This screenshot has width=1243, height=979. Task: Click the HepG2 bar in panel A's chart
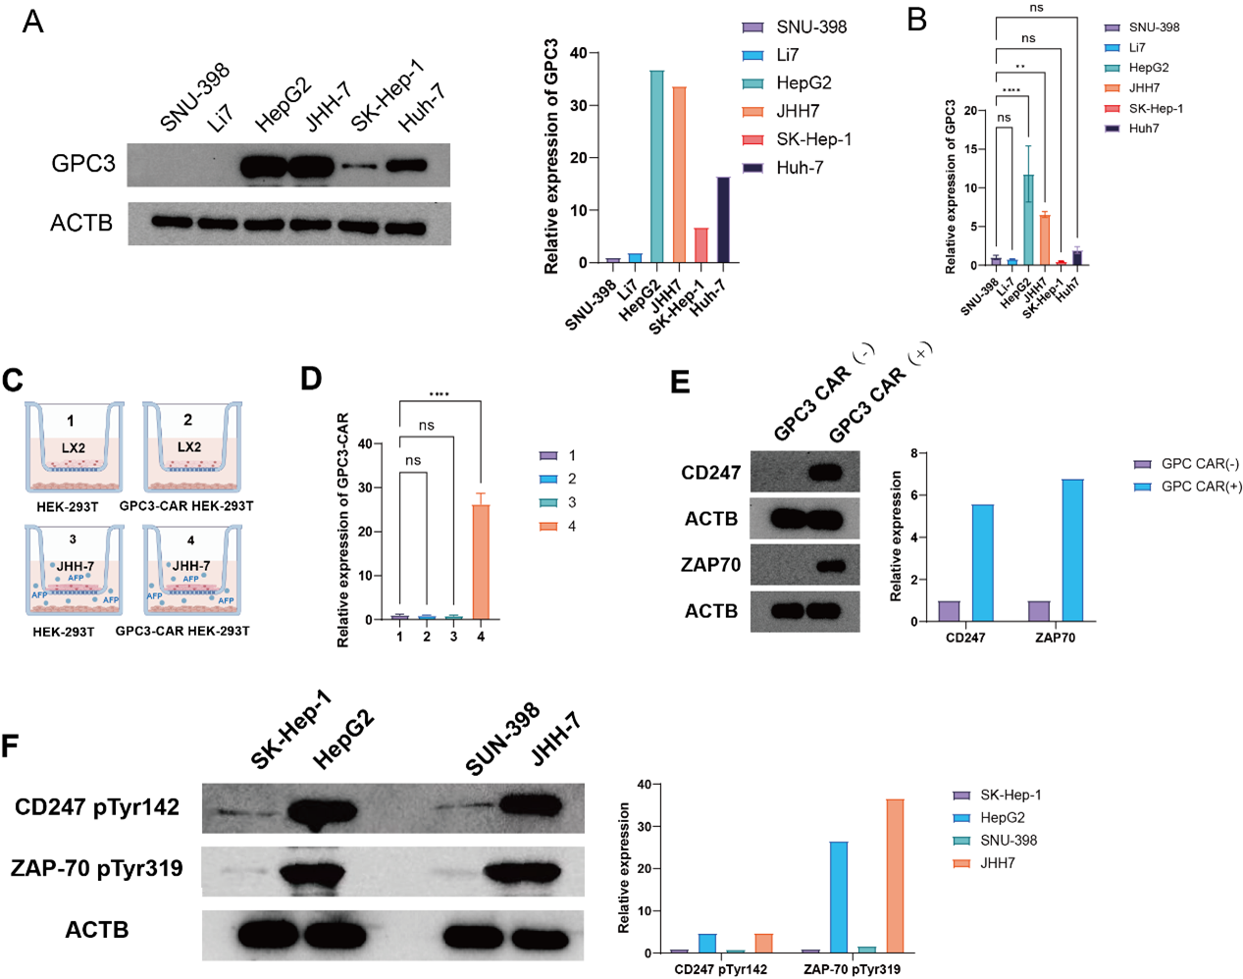point(656,167)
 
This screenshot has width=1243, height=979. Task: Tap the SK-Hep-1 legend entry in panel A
point(813,139)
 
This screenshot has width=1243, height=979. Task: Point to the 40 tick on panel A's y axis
point(578,53)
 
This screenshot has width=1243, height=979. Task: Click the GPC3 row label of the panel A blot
point(83,163)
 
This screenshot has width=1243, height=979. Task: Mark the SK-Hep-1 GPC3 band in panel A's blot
point(359,166)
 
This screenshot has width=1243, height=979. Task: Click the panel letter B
point(917,20)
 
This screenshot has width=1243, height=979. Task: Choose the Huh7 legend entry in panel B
point(1143,129)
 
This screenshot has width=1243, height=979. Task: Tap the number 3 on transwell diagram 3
point(73,540)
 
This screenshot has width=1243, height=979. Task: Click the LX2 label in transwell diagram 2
point(189,447)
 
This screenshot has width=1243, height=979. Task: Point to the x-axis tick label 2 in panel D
point(427,637)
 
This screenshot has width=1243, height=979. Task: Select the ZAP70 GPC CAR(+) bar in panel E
point(1072,550)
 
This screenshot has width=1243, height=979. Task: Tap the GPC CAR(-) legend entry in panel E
point(1199,464)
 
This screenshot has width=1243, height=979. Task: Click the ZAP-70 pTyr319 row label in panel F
point(97,868)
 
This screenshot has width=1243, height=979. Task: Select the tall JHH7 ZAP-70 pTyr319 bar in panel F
point(895,875)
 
